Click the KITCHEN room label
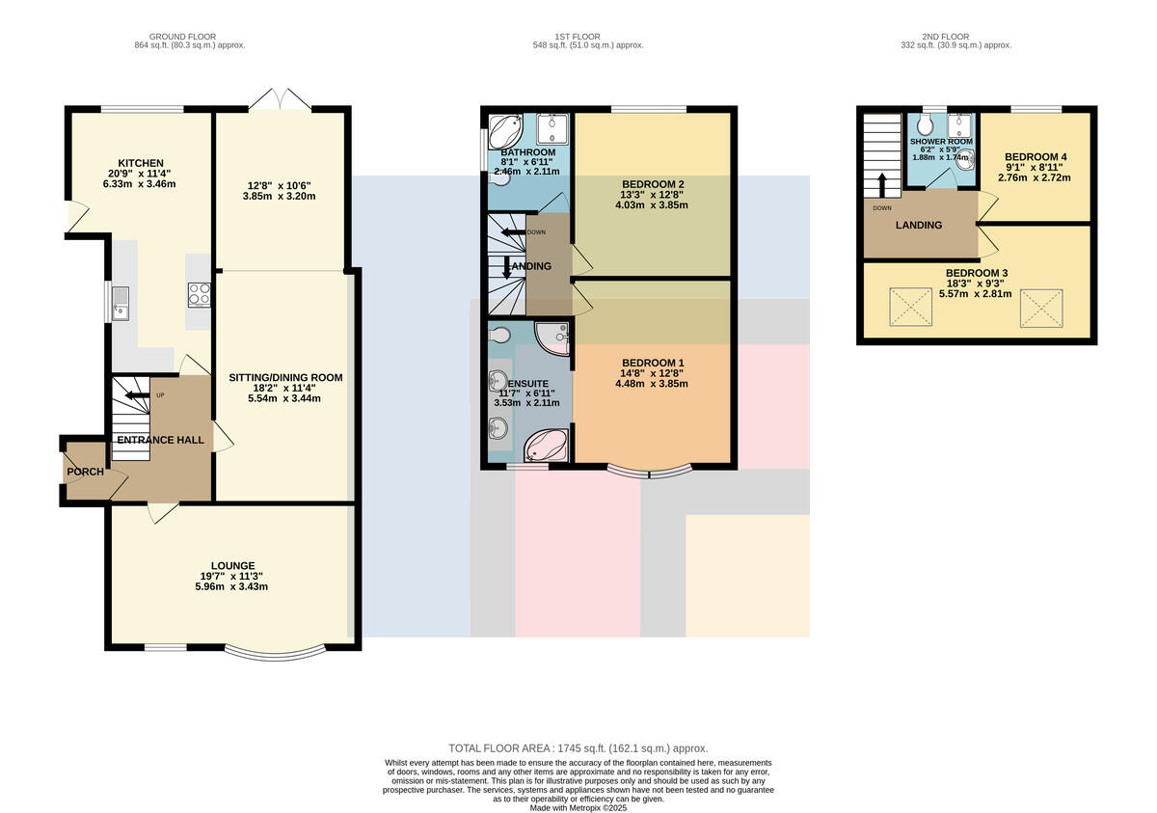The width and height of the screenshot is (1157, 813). (x=141, y=163)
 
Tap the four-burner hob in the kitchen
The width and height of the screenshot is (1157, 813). (x=199, y=295)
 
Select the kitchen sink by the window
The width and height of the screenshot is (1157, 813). (x=121, y=304)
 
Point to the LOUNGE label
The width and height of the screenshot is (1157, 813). (x=232, y=565)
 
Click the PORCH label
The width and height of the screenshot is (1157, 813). (x=85, y=472)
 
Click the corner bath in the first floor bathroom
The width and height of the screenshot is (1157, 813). (x=505, y=131)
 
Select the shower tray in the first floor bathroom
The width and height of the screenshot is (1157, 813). (x=552, y=129)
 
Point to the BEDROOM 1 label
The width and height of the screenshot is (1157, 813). (x=653, y=363)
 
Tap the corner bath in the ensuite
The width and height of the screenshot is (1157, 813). (x=546, y=446)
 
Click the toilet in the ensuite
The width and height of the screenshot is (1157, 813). (x=499, y=336)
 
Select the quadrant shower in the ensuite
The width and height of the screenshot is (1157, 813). (x=552, y=339)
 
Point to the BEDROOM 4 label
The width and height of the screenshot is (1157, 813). (x=1036, y=157)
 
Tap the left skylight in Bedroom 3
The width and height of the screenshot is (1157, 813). (x=910, y=307)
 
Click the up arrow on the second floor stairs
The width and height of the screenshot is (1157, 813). (x=882, y=185)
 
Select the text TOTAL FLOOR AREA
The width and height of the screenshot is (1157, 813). (x=499, y=748)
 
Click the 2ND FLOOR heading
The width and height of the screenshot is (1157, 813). (x=945, y=37)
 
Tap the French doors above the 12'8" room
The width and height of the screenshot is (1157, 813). (x=281, y=98)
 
